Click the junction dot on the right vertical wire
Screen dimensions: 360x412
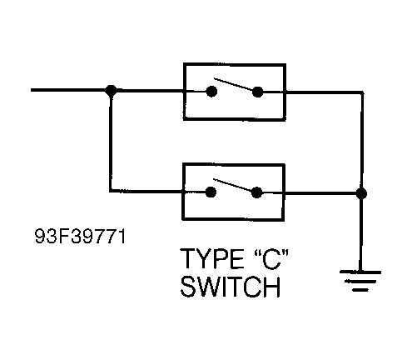click(x=360, y=192)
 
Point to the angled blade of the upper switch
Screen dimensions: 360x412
click(x=235, y=85)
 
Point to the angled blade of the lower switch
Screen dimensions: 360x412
click(x=235, y=187)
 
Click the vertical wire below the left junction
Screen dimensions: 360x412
click(x=111, y=142)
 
